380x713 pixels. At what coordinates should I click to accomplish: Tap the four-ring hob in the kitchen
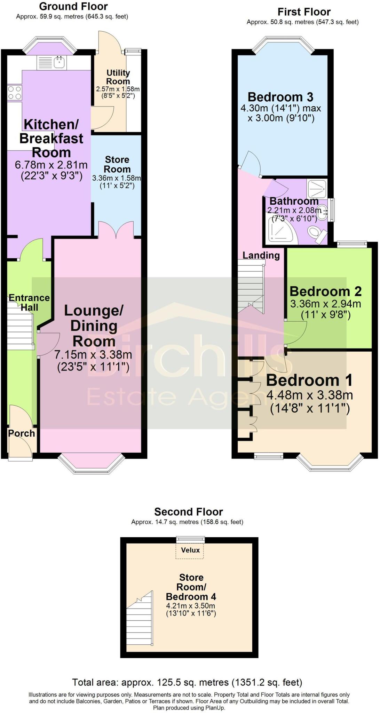(x=14, y=93)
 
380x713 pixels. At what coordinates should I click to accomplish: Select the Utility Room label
(x=118, y=77)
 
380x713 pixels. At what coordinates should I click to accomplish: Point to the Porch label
(x=22, y=433)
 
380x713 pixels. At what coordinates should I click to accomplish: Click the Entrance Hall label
(x=29, y=303)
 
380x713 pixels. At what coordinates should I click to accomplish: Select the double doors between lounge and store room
(x=116, y=230)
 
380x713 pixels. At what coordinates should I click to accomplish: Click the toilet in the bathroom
(x=317, y=234)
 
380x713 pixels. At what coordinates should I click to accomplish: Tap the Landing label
(x=261, y=255)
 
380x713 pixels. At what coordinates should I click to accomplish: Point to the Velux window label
(x=190, y=550)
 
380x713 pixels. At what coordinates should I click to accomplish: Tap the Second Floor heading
(x=188, y=512)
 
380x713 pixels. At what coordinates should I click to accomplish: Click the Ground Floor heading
(x=73, y=6)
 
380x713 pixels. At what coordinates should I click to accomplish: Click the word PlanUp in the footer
(x=216, y=708)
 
